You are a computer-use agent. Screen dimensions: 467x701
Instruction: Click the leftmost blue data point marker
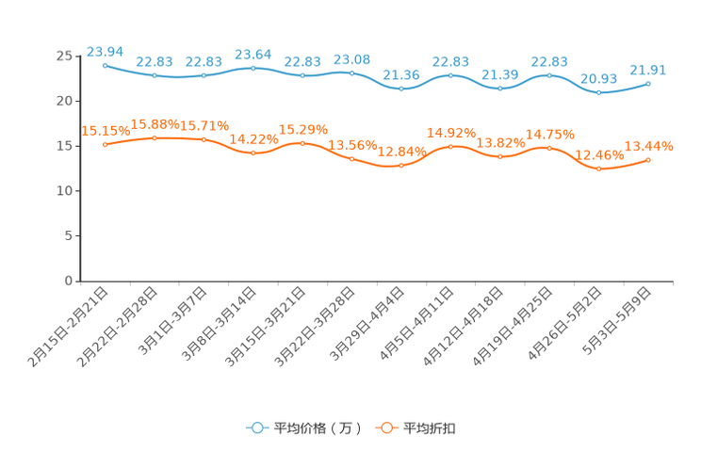[105, 65]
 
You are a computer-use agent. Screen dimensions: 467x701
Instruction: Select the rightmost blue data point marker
[648, 83]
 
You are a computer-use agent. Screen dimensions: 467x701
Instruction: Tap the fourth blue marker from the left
[253, 68]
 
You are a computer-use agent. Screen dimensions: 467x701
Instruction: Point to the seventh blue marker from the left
[401, 89]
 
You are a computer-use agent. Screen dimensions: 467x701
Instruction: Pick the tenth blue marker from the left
[549, 75]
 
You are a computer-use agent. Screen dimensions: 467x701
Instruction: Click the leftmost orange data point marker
[105, 145]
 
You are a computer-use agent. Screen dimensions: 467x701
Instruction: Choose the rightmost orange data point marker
[648, 161]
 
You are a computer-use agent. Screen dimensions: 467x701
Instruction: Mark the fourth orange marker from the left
[253, 153]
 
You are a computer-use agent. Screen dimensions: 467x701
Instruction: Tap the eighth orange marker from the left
[450, 146]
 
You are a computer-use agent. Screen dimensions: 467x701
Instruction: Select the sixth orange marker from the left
[351, 158]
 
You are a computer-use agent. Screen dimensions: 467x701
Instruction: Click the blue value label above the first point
[104, 51]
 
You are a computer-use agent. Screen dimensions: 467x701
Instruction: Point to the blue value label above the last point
[647, 69]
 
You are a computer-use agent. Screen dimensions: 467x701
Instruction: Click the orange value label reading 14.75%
[548, 134]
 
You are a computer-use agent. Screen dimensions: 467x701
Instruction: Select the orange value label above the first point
[104, 131]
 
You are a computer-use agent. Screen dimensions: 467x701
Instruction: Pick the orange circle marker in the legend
[385, 427]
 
